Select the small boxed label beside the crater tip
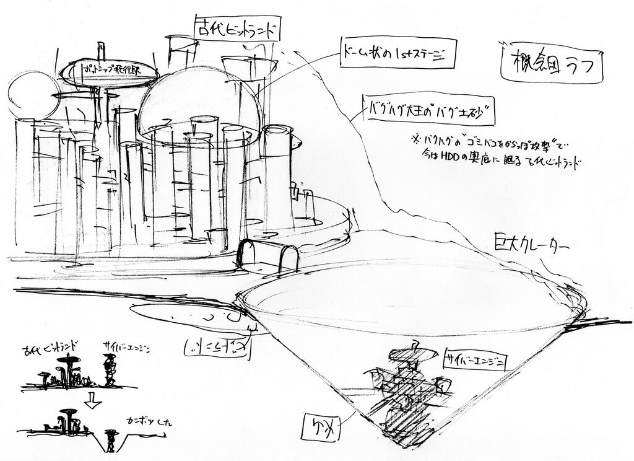321,426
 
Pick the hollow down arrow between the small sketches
92,401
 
